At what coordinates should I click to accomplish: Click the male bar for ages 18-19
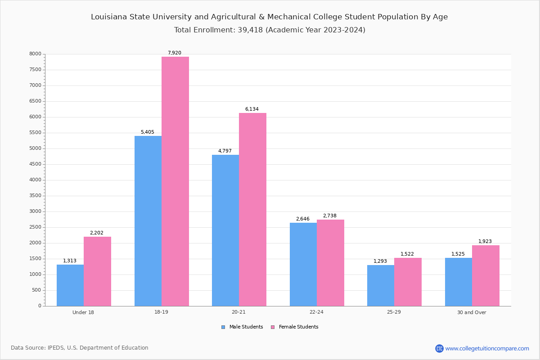pyautogui.click(x=148, y=221)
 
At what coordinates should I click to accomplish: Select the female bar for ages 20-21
pyautogui.click(x=252, y=209)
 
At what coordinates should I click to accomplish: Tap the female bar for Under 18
pyautogui.click(x=97, y=271)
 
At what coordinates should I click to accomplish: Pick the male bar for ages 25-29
pyautogui.click(x=381, y=285)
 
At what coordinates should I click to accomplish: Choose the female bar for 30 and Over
pyautogui.click(x=486, y=275)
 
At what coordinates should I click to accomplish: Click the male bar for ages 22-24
pyautogui.click(x=303, y=264)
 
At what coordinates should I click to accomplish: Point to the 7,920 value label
pyautogui.click(x=175, y=53)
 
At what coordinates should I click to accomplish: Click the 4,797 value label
pyautogui.click(x=225, y=151)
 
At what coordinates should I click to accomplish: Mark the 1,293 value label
pyautogui.click(x=380, y=261)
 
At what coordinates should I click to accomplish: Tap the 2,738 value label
pyautogui.click(x=330, y=216)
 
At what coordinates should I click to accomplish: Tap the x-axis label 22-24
pyautogui.click(x=316, y=312)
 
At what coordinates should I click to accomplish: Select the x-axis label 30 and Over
pyautogui.click(x=472, y=312)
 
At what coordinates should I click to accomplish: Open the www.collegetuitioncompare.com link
pyautogui.click(x=487, y=348)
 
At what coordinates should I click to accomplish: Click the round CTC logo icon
pyautogui.click(x=439, y=348)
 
